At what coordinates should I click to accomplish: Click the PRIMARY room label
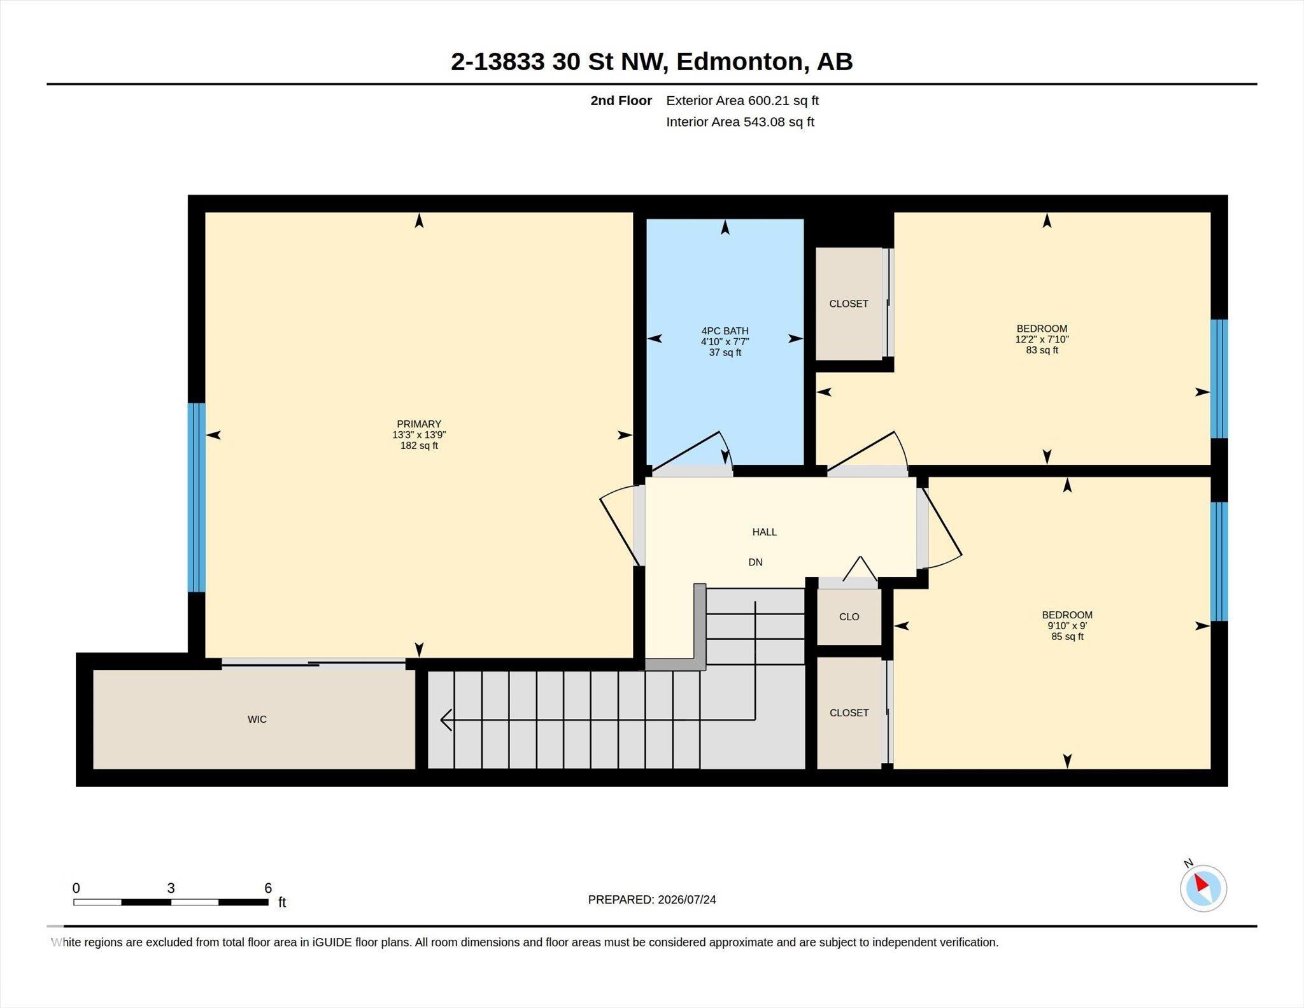tap(419, 424)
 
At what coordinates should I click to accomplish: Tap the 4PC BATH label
tap(725, 331)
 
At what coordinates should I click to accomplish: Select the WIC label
tap(257, 720)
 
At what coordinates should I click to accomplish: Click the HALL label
tap(764, 532)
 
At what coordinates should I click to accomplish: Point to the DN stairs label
tap(755, 562)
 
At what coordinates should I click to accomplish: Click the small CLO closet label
tap(849, 616)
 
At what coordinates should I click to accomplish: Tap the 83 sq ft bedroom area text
tap(1042, 350)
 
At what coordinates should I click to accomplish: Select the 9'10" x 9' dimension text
tap(1067, 625)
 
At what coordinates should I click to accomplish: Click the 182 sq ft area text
tap(419, 446)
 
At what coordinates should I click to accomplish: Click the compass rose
tap(1203, 888)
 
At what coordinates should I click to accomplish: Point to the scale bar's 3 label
tap(171, 888)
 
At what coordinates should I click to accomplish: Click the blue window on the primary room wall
tap(196, 497)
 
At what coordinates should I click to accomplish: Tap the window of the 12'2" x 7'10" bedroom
tap(1219, 379)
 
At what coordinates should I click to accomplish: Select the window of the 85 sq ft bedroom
tap(1219, 562)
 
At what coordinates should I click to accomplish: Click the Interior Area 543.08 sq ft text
tap(740, 122)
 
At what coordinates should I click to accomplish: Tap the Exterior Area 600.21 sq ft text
tap(742, 101)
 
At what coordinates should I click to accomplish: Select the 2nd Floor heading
tap(621, 101)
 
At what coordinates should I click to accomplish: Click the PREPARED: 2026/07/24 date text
tap(652, 900)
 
